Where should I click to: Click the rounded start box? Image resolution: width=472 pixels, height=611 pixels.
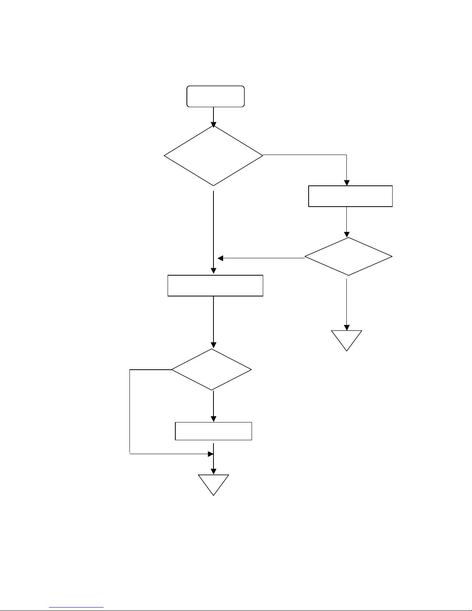pos(215,96)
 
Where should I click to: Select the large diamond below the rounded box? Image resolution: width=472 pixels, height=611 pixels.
pos(213,155)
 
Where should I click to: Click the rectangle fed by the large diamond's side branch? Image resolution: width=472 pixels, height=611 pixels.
pos(350,196)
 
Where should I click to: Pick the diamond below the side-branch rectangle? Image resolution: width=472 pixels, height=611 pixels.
pos(348,256)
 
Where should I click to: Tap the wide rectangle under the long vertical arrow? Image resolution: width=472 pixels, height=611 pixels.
pos(215,286)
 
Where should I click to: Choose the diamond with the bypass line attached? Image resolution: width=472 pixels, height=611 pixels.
pos(212,370)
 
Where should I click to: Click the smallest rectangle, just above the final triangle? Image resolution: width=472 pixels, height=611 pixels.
pos(213,431)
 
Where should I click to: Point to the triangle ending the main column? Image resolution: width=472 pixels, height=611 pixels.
pos(213,483)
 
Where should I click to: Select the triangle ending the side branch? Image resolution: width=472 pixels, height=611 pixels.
pos(347,339)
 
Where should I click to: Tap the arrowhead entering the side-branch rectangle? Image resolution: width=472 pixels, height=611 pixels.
pos(347,183)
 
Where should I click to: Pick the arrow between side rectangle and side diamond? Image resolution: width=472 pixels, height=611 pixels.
pos(347,222)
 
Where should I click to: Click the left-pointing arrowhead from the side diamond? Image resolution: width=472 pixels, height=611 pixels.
pos(220,258)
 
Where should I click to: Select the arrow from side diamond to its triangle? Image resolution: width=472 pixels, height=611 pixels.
pos(347,305)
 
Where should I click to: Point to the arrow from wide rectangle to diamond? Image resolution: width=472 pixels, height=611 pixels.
pos(213,322)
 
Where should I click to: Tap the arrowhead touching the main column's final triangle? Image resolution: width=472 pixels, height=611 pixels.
pos(213,471)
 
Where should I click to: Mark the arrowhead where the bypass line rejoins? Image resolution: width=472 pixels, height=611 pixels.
pos(211,454)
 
